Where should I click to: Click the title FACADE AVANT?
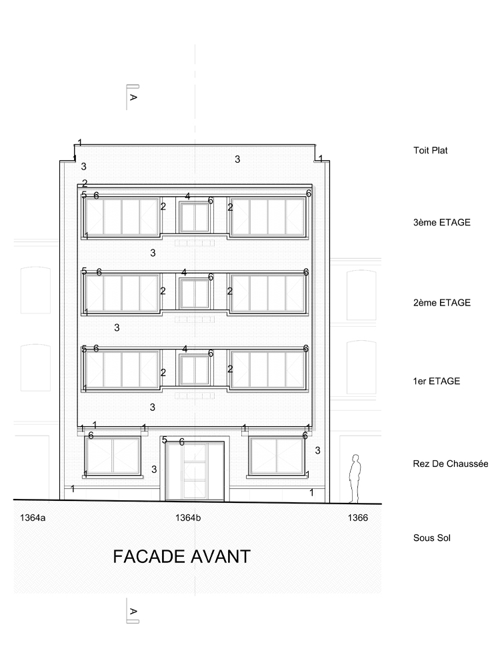[x=181, y=556]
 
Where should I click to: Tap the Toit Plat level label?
[x=430, y=150]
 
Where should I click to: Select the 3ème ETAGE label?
[x=442, y=222]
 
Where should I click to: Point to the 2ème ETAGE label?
[x=442, y=302]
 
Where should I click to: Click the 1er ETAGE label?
[x=437, y=381]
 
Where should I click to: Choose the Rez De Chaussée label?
[x=451, y=464]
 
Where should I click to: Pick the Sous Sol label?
[x=431, y=538]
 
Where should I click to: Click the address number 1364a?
[x=33, y=518]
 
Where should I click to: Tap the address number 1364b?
[x=189, y=518]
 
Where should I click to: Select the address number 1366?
[x=357, y=518]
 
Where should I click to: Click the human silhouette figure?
[x=355, y=479]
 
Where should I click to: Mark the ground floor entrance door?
[x=194, y=471]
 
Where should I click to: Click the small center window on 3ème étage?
[x=194, y=217]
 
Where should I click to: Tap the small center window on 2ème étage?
[x=194, y=293]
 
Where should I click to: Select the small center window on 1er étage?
[x=194, y=370]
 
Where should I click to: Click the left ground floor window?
[x=113, y=455]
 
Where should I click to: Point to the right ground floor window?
[x=277, y=455]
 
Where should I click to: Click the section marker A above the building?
[x=133, y=97]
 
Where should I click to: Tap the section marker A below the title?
[x=133, y=611]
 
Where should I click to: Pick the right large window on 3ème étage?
[x=267, y=217]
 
